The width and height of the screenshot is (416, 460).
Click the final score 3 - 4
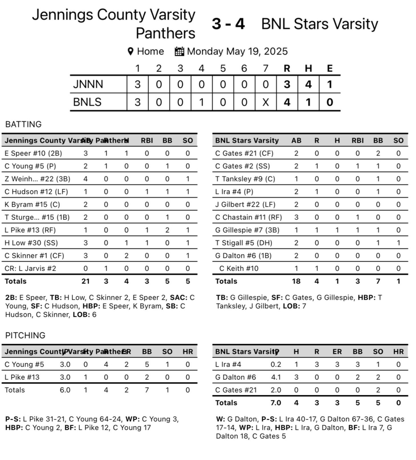click(228, 24)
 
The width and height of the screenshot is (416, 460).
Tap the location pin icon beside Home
click(130, 51)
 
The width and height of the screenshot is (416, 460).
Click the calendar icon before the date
click(179, 51)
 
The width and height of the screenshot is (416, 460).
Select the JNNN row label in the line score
click(88, 84)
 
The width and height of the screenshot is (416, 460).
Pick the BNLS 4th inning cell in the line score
click(201, 102)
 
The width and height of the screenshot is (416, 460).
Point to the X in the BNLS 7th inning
click(265, 102)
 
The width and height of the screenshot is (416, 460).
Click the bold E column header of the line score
click(330, 68)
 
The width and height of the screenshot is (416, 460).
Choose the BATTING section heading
click(23, 124)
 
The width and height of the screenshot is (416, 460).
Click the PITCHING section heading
click(25, 335)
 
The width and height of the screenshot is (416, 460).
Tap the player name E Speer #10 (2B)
click(33, 153)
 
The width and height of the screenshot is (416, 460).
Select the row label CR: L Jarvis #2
click(30, 268)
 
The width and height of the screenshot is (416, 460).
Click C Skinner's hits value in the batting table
click(126, 255)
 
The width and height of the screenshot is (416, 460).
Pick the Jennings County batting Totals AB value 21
click(85, 281)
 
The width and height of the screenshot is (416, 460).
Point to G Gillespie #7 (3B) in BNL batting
click(247, 230)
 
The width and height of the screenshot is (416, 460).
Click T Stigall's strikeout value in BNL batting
click(398, 243)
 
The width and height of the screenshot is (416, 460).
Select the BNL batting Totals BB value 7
click(378, 281)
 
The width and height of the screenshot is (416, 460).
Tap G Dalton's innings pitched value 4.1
click(276, 377)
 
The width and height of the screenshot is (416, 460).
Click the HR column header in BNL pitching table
click(398, 352)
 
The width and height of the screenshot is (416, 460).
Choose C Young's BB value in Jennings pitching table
click(147, 364)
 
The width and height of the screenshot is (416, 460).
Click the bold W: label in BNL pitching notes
click(220, 419)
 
